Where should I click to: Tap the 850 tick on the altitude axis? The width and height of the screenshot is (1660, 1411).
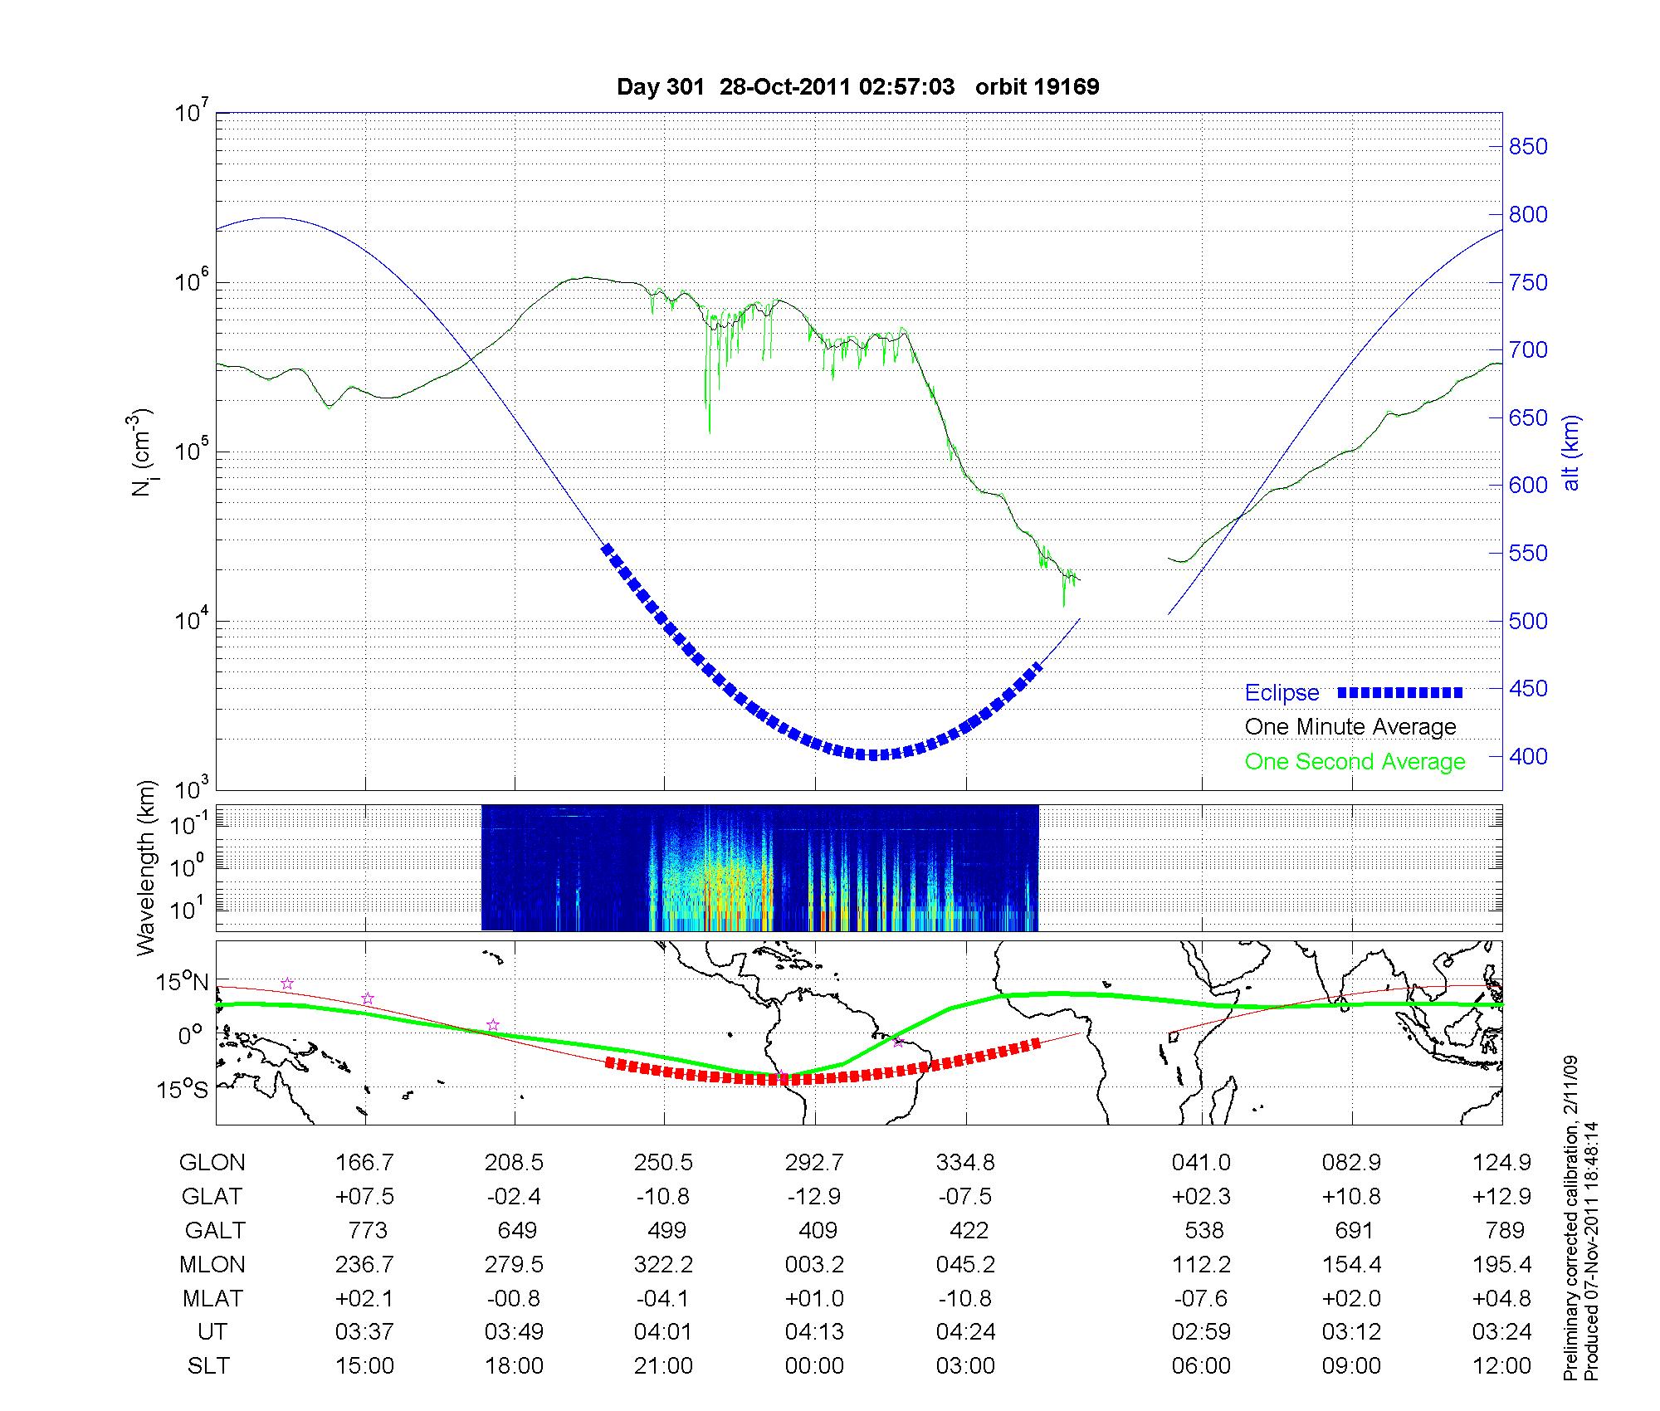(x=1528, y=147)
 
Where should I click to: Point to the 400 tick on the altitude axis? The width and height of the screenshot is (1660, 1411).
(x=1528, y=756)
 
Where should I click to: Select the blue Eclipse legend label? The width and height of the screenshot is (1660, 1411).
(x=1282, y=693)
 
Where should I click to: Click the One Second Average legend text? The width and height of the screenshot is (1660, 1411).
(x=1355, y=762)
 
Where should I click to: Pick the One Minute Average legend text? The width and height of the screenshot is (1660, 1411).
(x=1350, y=727)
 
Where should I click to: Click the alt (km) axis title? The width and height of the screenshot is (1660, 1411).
(x=1571, y=452)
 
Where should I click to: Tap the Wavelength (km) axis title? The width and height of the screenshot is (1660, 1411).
(x=147, y=867)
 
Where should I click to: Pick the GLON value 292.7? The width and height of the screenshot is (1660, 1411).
(x=814, y=1163)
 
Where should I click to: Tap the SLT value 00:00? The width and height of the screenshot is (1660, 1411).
(x=814, y=1365)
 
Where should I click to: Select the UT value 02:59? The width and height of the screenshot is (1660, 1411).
(x=1201, y=1331)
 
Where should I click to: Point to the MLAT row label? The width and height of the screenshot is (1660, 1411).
(x=212, y=1298)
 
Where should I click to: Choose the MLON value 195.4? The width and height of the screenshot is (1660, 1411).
(x=1501, y=1264)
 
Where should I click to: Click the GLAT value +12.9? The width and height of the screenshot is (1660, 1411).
(x=1501, y=1197)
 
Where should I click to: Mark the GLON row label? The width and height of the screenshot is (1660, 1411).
(x=212, y=1163)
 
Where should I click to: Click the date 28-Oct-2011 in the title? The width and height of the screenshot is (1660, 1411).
(x=784, y=87)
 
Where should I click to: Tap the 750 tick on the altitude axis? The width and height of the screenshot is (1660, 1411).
(x=1528, y=283)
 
